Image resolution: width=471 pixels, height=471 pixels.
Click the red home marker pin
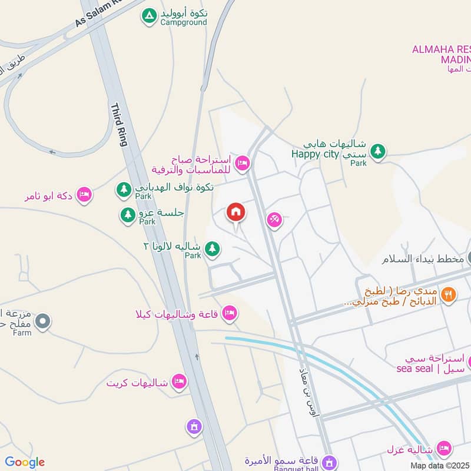(235, 213)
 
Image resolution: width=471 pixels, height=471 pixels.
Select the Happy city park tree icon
(378, 152)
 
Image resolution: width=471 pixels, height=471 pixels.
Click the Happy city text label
(316, 154)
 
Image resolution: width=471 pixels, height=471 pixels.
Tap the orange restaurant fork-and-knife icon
(449, 294)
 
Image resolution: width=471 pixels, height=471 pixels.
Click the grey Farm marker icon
(42, 321)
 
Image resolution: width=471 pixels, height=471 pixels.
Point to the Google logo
(24, 462)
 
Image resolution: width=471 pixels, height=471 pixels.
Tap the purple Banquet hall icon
(330, 461)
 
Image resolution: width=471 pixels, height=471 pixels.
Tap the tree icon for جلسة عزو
(128, 215)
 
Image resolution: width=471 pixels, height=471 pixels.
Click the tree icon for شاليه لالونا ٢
(213, 250)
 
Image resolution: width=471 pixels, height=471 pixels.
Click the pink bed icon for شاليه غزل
(445, 449)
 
